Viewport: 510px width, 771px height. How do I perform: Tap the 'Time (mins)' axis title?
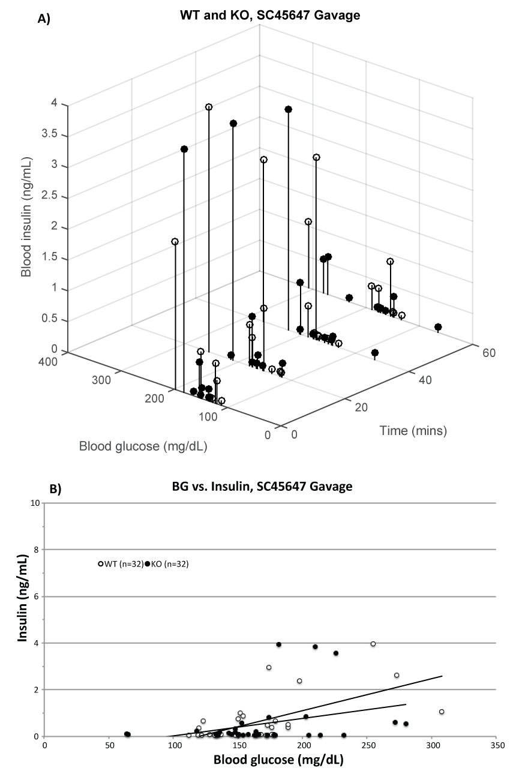click(413, 430)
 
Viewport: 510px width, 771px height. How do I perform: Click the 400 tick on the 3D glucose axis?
click(49, 361)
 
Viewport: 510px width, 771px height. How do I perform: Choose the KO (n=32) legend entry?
click(167, 563)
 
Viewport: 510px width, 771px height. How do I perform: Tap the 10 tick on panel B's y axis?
click(35, 503)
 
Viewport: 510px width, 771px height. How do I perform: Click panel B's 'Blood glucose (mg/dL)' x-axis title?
click(269, 760)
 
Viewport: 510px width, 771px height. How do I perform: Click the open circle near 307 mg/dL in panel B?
click(442, 712)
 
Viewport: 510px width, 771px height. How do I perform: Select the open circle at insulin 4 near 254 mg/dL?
click(373, 644)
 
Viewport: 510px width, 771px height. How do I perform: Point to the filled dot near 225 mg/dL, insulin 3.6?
click(336, 653)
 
